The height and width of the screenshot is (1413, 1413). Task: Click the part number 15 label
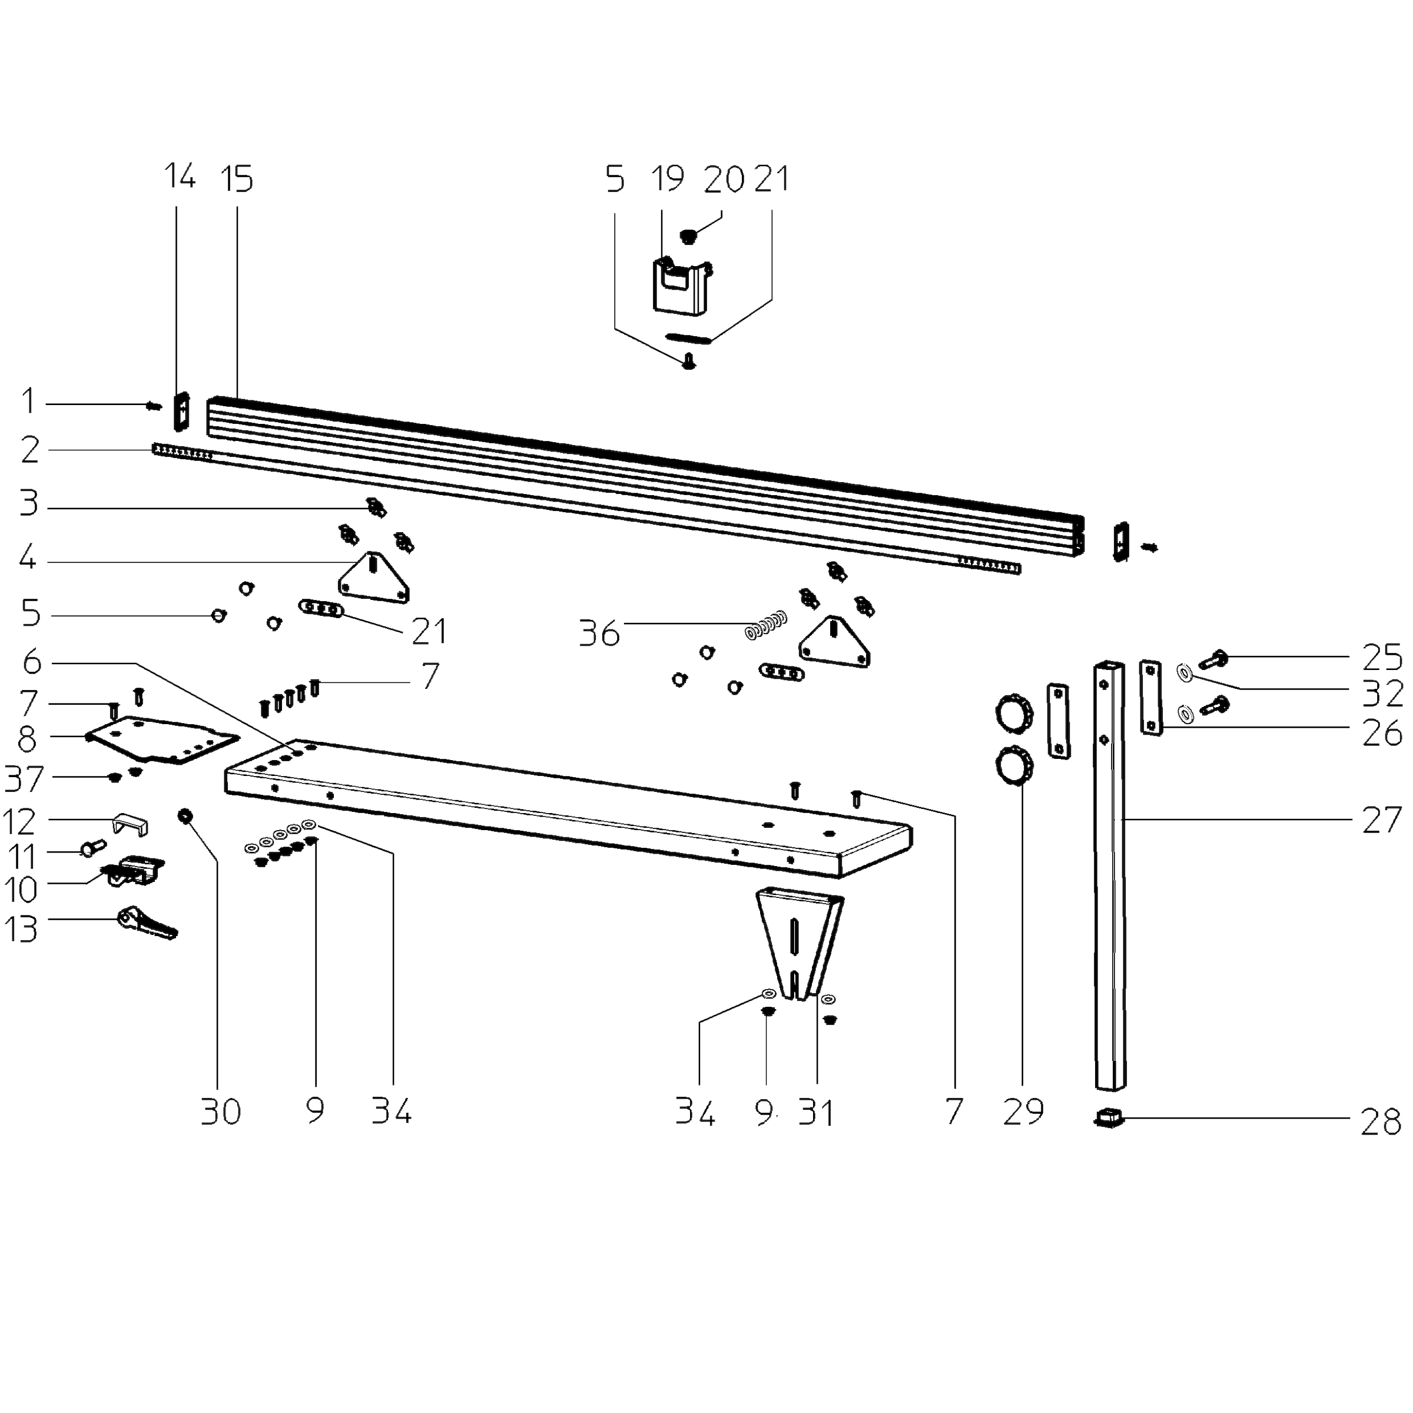[236, 179]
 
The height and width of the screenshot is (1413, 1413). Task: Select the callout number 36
[599, 633]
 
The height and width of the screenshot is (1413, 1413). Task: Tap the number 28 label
[1380, 1122]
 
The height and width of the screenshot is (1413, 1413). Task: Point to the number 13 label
[21, 930]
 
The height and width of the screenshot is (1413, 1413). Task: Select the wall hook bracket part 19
[682, 286]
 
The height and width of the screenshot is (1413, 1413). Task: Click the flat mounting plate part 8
[162, 739]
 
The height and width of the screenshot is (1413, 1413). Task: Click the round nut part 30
[185, 815]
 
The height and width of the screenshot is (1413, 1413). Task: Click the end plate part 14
[181, 412]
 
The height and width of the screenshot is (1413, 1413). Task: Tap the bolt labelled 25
[1213, 659]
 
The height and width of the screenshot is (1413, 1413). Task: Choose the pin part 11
[92, 848]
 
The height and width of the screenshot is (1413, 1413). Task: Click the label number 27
[1381, 821]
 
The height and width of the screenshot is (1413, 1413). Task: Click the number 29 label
[1023, 1112]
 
